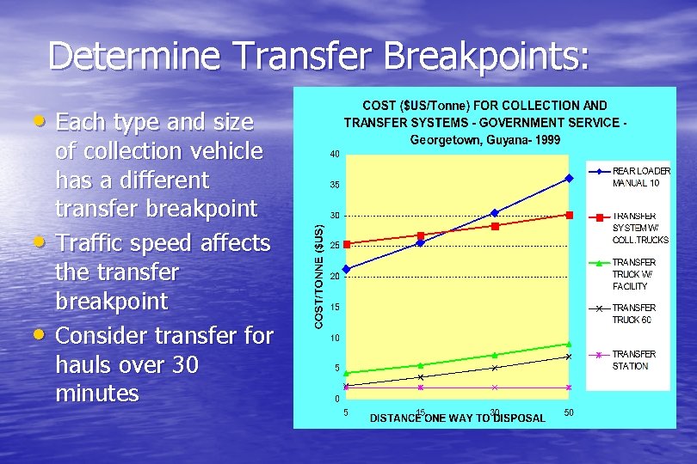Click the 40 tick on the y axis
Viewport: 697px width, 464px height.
click(x=333, y=155)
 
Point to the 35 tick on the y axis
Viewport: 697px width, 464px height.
click(x=333, y=185)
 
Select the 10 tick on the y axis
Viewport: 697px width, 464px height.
click(x=333, y=338)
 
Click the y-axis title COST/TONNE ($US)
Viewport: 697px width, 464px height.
click(x=318, y=276)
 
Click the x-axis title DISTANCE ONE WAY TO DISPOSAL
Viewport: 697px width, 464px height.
click(x=458, y=418)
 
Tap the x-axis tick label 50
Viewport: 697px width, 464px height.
click(x=569, y=413)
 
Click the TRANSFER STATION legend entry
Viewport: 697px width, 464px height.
click(x=632, y=360)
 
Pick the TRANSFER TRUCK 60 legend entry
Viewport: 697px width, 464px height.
click(x=633, y=314)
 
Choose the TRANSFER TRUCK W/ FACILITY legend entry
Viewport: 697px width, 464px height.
click(x=633, y=274)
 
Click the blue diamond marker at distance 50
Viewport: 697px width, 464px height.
click(x=568, y=179)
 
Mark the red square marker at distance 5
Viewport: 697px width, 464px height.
click(x=346, y=245)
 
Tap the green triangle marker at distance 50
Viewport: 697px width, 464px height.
click(x=568, y=345)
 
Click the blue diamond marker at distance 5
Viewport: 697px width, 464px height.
click(x=346, y=269)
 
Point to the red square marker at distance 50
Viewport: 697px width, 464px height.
click(x=568, y=215)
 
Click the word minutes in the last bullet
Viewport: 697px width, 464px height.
click(x=96, y=394)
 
